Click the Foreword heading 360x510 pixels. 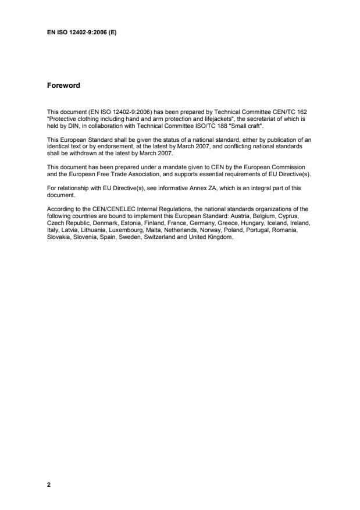63,85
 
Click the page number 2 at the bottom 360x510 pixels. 49,483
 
